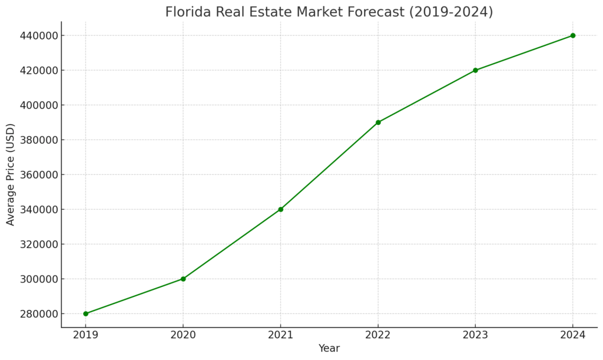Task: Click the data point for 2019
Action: [85, 313]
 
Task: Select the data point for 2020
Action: [183, 279]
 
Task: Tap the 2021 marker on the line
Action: [280, 209]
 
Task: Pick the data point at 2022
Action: [378, 123]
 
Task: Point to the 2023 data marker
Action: [475, 70]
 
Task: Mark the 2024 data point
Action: [572, 35]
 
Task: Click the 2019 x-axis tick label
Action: [85, 335]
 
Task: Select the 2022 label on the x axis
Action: [378, 335]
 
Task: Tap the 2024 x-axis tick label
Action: [572, 335]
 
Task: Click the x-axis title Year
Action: [329, 348]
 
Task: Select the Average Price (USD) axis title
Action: [11, 174]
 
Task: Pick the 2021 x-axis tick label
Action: [280, 335]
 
